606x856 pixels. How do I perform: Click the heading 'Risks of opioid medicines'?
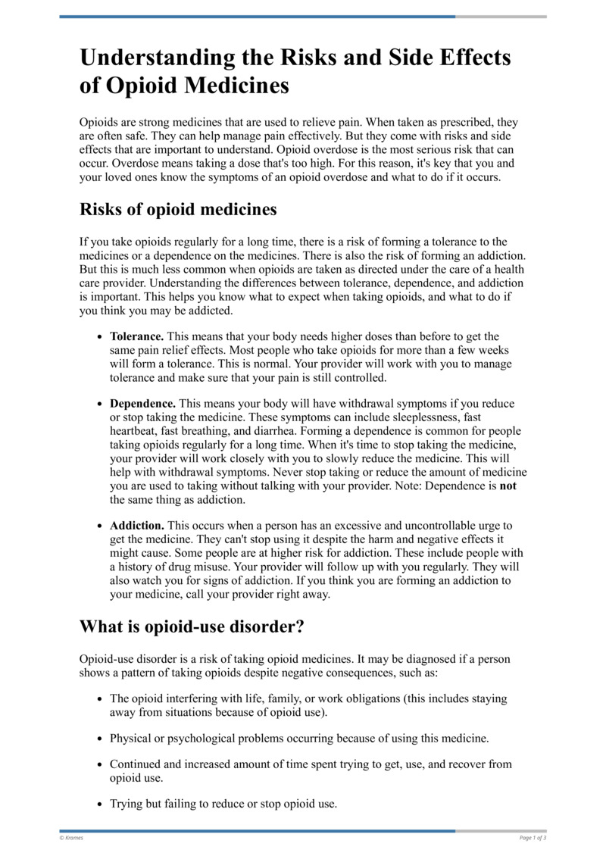[178, 208]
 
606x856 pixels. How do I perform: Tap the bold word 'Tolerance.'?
[137, 336]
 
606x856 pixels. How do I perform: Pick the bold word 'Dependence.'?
[143, 405]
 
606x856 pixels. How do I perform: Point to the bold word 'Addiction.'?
[137, 526]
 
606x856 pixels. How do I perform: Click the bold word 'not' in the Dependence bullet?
[508, 486]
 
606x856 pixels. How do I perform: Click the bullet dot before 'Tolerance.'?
[100, 336]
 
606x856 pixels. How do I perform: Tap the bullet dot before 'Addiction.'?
[100, 526]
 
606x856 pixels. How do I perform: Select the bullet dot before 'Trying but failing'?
[100, 804]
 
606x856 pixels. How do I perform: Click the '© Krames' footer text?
[71, 838]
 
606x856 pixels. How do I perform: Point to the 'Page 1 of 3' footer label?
[533, 838]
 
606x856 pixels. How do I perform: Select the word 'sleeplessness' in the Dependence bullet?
[428, 418]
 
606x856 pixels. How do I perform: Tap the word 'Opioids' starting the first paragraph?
[99, 123]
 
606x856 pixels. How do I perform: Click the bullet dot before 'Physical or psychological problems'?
[100, 738]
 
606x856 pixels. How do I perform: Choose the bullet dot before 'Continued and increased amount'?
[100, 765]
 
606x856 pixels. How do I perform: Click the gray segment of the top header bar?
[501, 17]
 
